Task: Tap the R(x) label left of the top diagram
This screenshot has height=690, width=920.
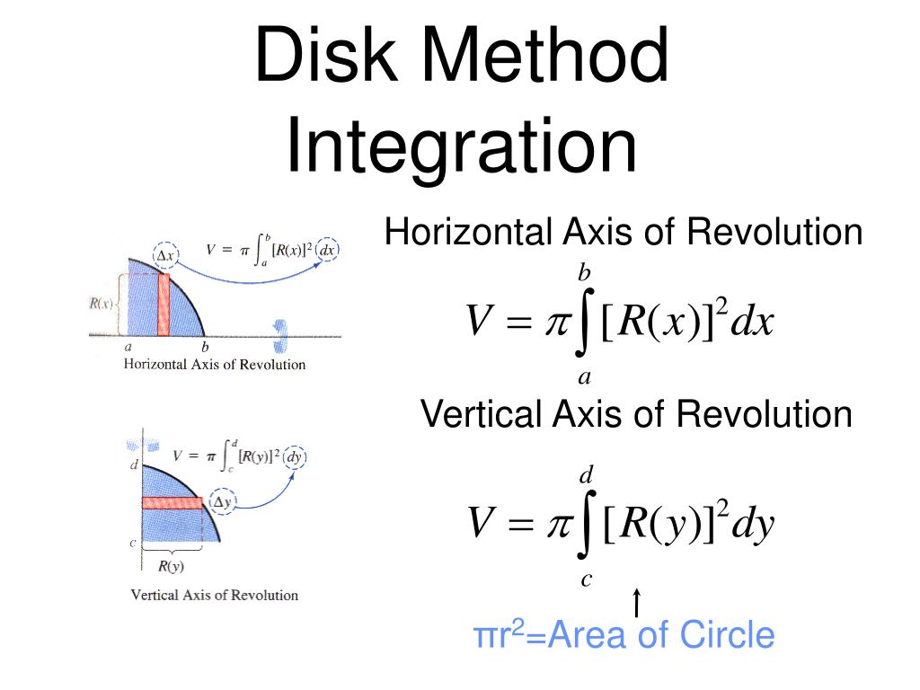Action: tap(102, 303)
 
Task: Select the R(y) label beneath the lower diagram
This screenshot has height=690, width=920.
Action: tap(172, 566)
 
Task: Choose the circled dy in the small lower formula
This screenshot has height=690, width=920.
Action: tap(295, 457)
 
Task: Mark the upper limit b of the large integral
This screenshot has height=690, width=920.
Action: tap(584, 272)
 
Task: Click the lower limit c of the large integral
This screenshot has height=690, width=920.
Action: tap(586, 579)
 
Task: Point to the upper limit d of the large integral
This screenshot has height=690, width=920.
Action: tap(585, 474)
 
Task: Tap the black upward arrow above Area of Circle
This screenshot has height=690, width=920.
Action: tap(636, 603)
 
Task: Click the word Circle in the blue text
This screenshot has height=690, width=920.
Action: tap(727, 635)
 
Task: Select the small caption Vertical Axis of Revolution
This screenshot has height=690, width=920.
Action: tap(215, 595)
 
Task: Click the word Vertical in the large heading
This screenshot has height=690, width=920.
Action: tap(481, 414)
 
